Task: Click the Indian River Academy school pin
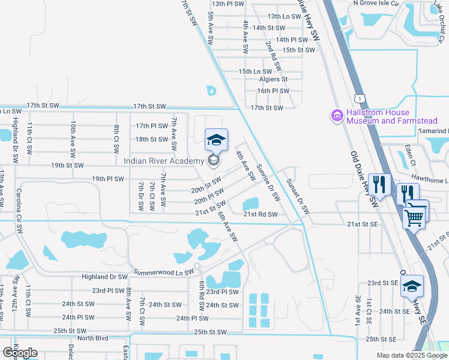point(216,142)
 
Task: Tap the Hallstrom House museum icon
point(336,115)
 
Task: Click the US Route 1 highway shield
point(359,97)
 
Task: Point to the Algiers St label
point(273,79)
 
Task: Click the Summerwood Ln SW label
point(163,272)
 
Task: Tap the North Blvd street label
point(93,338)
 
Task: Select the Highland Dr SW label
point(104,277)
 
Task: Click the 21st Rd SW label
point(260,214)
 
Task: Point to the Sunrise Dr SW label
point(268,182)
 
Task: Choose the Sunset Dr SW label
point(297,197)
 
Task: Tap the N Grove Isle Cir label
point(376,3)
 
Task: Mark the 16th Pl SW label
point(273,91)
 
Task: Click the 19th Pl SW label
point(107,179)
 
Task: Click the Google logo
point(20,353)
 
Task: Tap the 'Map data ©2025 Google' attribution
point(411,356)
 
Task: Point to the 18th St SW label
point(151,139)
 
